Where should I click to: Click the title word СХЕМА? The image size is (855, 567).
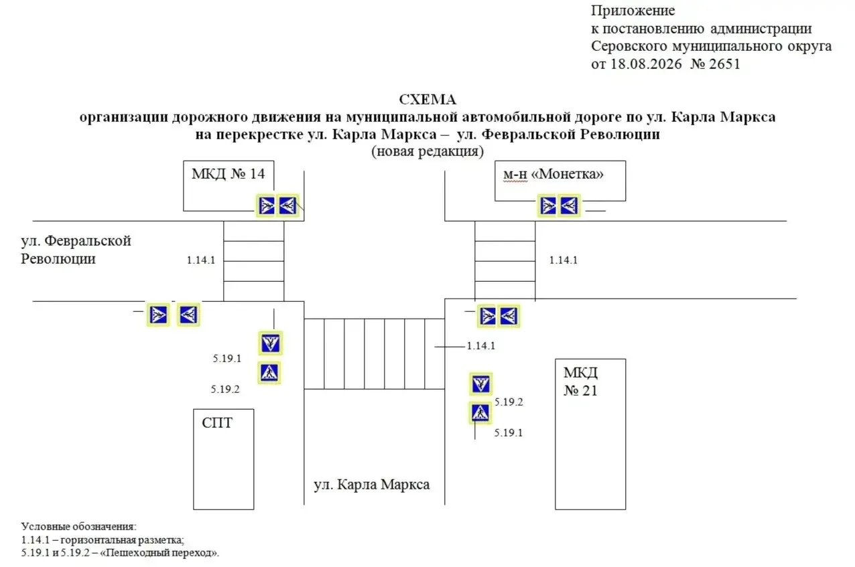(427, 100)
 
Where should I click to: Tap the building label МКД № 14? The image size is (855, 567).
(228, 174)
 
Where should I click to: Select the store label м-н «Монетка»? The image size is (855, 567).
(553, 174)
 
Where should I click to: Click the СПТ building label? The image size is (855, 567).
(217, 423)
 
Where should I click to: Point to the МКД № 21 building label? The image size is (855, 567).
(580, 382)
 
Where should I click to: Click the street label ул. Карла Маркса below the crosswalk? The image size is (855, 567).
(371, 484)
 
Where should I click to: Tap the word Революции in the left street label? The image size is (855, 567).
(58, 259)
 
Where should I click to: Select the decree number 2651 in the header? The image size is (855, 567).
(724, 64)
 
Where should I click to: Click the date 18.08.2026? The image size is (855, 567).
(646, 64)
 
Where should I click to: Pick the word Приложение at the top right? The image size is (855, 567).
(633, 11)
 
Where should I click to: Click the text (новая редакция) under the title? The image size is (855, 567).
(427, 151)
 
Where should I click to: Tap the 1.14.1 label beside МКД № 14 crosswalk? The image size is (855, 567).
(201, 260)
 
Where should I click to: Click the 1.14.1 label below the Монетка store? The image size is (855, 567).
(564, 260)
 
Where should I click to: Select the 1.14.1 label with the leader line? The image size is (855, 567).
(481, 346)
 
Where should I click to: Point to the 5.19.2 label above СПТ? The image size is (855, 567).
(225, 390)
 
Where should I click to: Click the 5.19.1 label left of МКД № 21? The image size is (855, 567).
(509, 432)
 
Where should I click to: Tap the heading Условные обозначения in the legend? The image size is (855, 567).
(78, 527)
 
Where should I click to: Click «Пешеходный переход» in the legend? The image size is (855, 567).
(159, 552)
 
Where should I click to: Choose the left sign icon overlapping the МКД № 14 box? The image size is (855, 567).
(267, 206)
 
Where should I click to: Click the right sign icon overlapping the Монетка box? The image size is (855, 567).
(569, 206)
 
